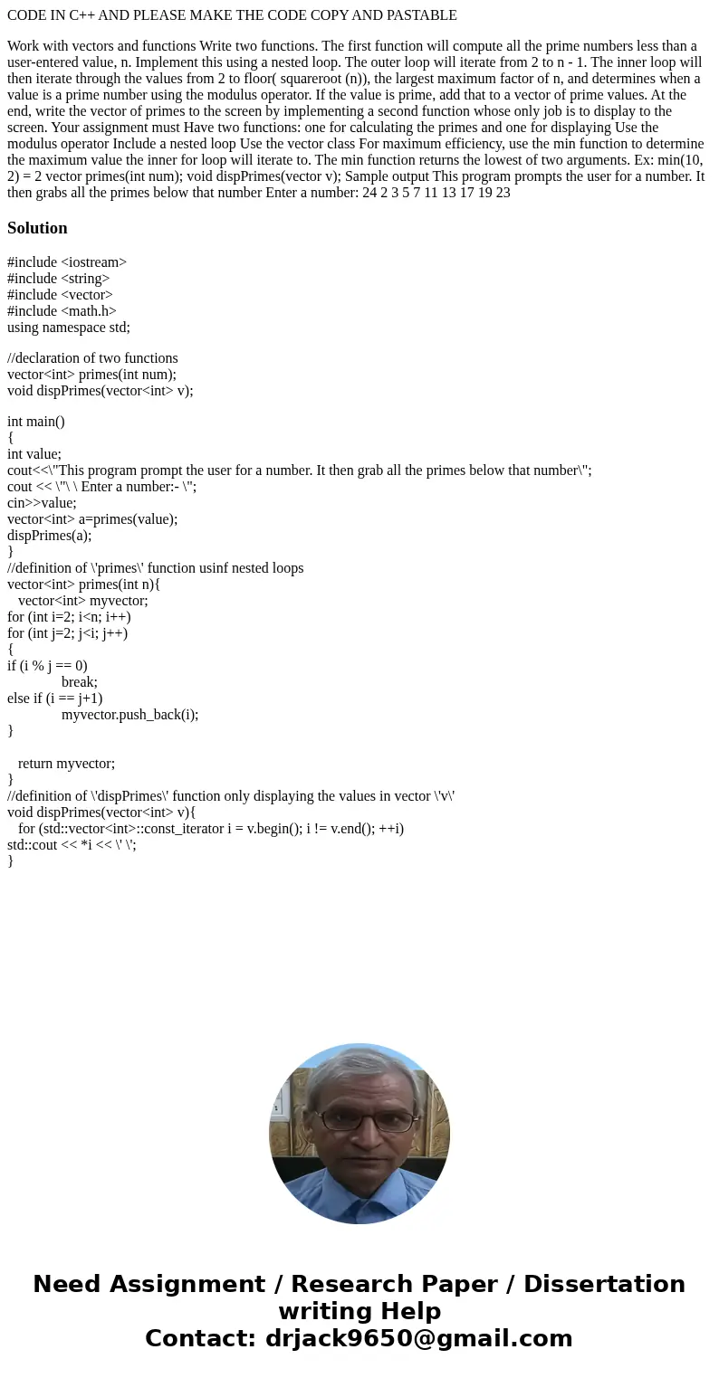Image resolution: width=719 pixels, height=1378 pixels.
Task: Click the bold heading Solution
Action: click(x=37, y=228)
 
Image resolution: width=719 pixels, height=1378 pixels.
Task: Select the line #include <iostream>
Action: click(x=67, y=262)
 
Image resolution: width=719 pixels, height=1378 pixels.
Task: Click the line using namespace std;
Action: click(x=69, y=328)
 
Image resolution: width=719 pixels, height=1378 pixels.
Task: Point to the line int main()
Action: click(x=36, y=422)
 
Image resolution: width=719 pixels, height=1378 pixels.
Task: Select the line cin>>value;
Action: click(x=42, y=503)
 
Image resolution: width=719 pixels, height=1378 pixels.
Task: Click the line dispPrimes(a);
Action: click(x=49, y=536)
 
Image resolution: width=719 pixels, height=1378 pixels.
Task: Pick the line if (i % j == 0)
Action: click(x=47, y=666)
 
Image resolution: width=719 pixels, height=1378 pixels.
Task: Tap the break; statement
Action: click(x=80, y=682)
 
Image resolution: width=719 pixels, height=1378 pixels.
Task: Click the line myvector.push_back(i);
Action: click(x=129, y=715)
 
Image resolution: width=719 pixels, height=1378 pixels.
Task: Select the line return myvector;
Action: click(x=66, y=764)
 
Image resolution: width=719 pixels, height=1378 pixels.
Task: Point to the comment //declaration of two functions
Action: click(x=92, y=358)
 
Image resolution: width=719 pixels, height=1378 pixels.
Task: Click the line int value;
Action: click(x=34, y=454)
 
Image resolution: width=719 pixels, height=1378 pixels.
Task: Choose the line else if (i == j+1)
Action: click(x=54, y=699)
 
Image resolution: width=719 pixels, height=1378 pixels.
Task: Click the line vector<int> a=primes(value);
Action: click(x=92, y=519)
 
